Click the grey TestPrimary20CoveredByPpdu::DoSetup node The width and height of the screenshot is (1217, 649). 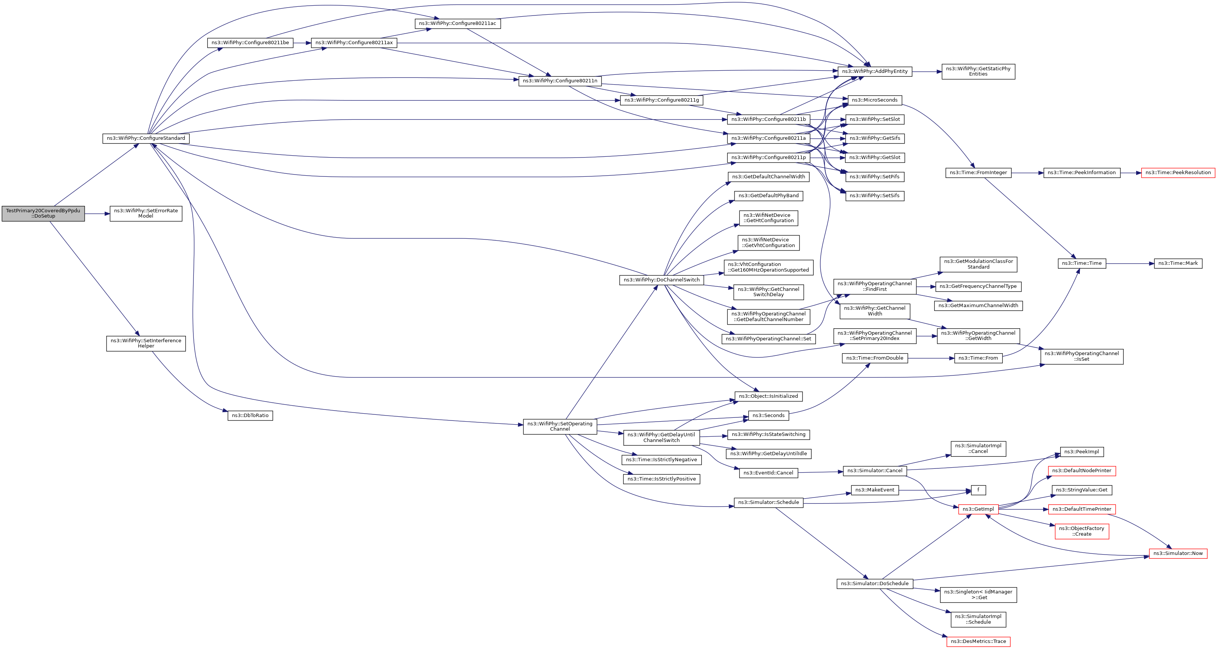(43, 213)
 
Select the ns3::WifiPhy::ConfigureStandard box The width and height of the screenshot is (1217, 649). (146, 138)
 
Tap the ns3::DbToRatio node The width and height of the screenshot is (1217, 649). (250, 416)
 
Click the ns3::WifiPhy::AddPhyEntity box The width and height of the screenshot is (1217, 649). (874, 71)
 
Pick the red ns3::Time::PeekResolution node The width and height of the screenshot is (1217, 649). (1178, 173)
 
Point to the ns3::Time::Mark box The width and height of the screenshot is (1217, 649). (1178, 264)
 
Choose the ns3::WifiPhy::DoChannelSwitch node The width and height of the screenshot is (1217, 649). (662, 280)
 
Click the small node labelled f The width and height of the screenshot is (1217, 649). (978, 490)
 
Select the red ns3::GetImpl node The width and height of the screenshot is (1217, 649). (978, 509)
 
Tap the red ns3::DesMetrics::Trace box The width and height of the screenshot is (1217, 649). (978, 641)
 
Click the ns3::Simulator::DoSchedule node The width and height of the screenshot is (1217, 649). (874, 584)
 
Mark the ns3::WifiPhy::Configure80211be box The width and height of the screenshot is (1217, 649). (250, 43)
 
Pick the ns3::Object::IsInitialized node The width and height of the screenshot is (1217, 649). (768, 396)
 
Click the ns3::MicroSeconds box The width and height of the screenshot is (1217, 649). (874, 100)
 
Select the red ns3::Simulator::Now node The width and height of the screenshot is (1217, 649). (1178, 553)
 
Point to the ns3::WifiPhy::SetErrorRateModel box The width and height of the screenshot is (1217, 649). (146, 213)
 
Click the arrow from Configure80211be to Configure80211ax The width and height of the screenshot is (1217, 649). (302, 43)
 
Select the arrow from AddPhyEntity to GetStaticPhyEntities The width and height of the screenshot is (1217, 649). (927, 72)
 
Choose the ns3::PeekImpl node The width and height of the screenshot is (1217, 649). (1081, 452)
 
